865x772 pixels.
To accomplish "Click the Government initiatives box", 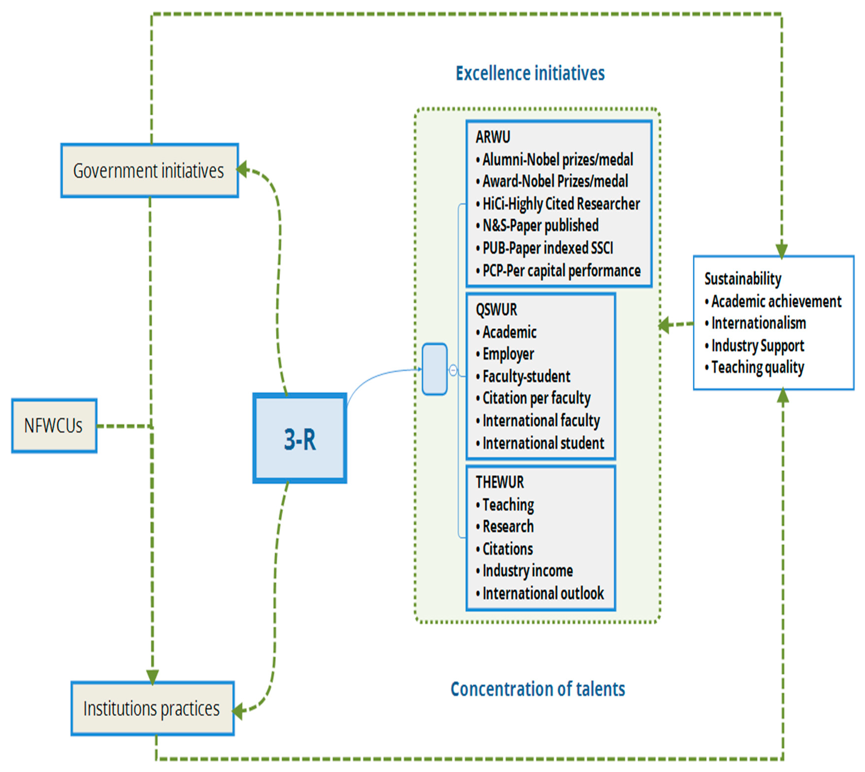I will click(x=149, y=171).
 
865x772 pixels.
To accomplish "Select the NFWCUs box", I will click(x=54, y=426).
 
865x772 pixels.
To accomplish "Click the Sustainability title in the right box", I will click(x=742, y=279).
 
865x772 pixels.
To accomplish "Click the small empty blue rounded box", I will click(x=434, y=369).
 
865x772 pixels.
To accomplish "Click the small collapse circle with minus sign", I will click(x=453, y=370).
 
